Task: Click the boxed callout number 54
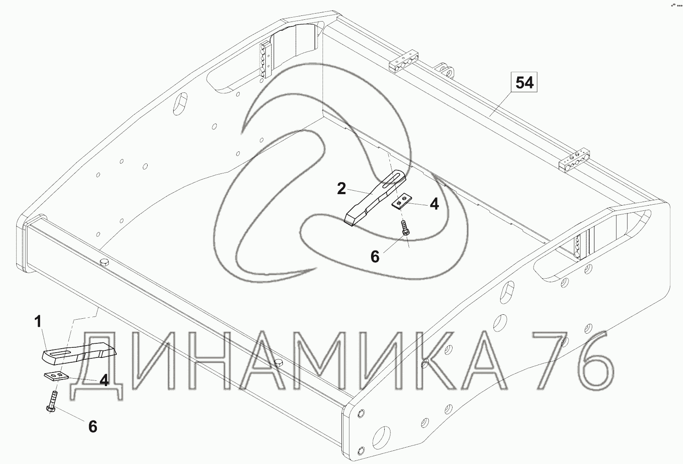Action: (524, 82)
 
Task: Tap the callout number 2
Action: (341, 189)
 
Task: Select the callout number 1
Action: (38, 322)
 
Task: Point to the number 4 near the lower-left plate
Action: (104, 380)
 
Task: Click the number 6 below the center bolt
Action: (375, 257)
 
